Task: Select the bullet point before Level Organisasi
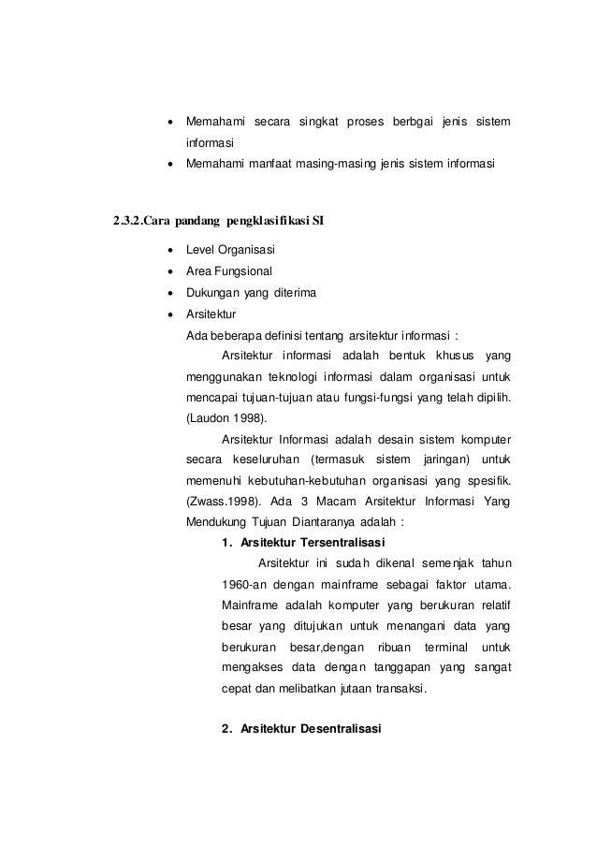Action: [168, 251]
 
